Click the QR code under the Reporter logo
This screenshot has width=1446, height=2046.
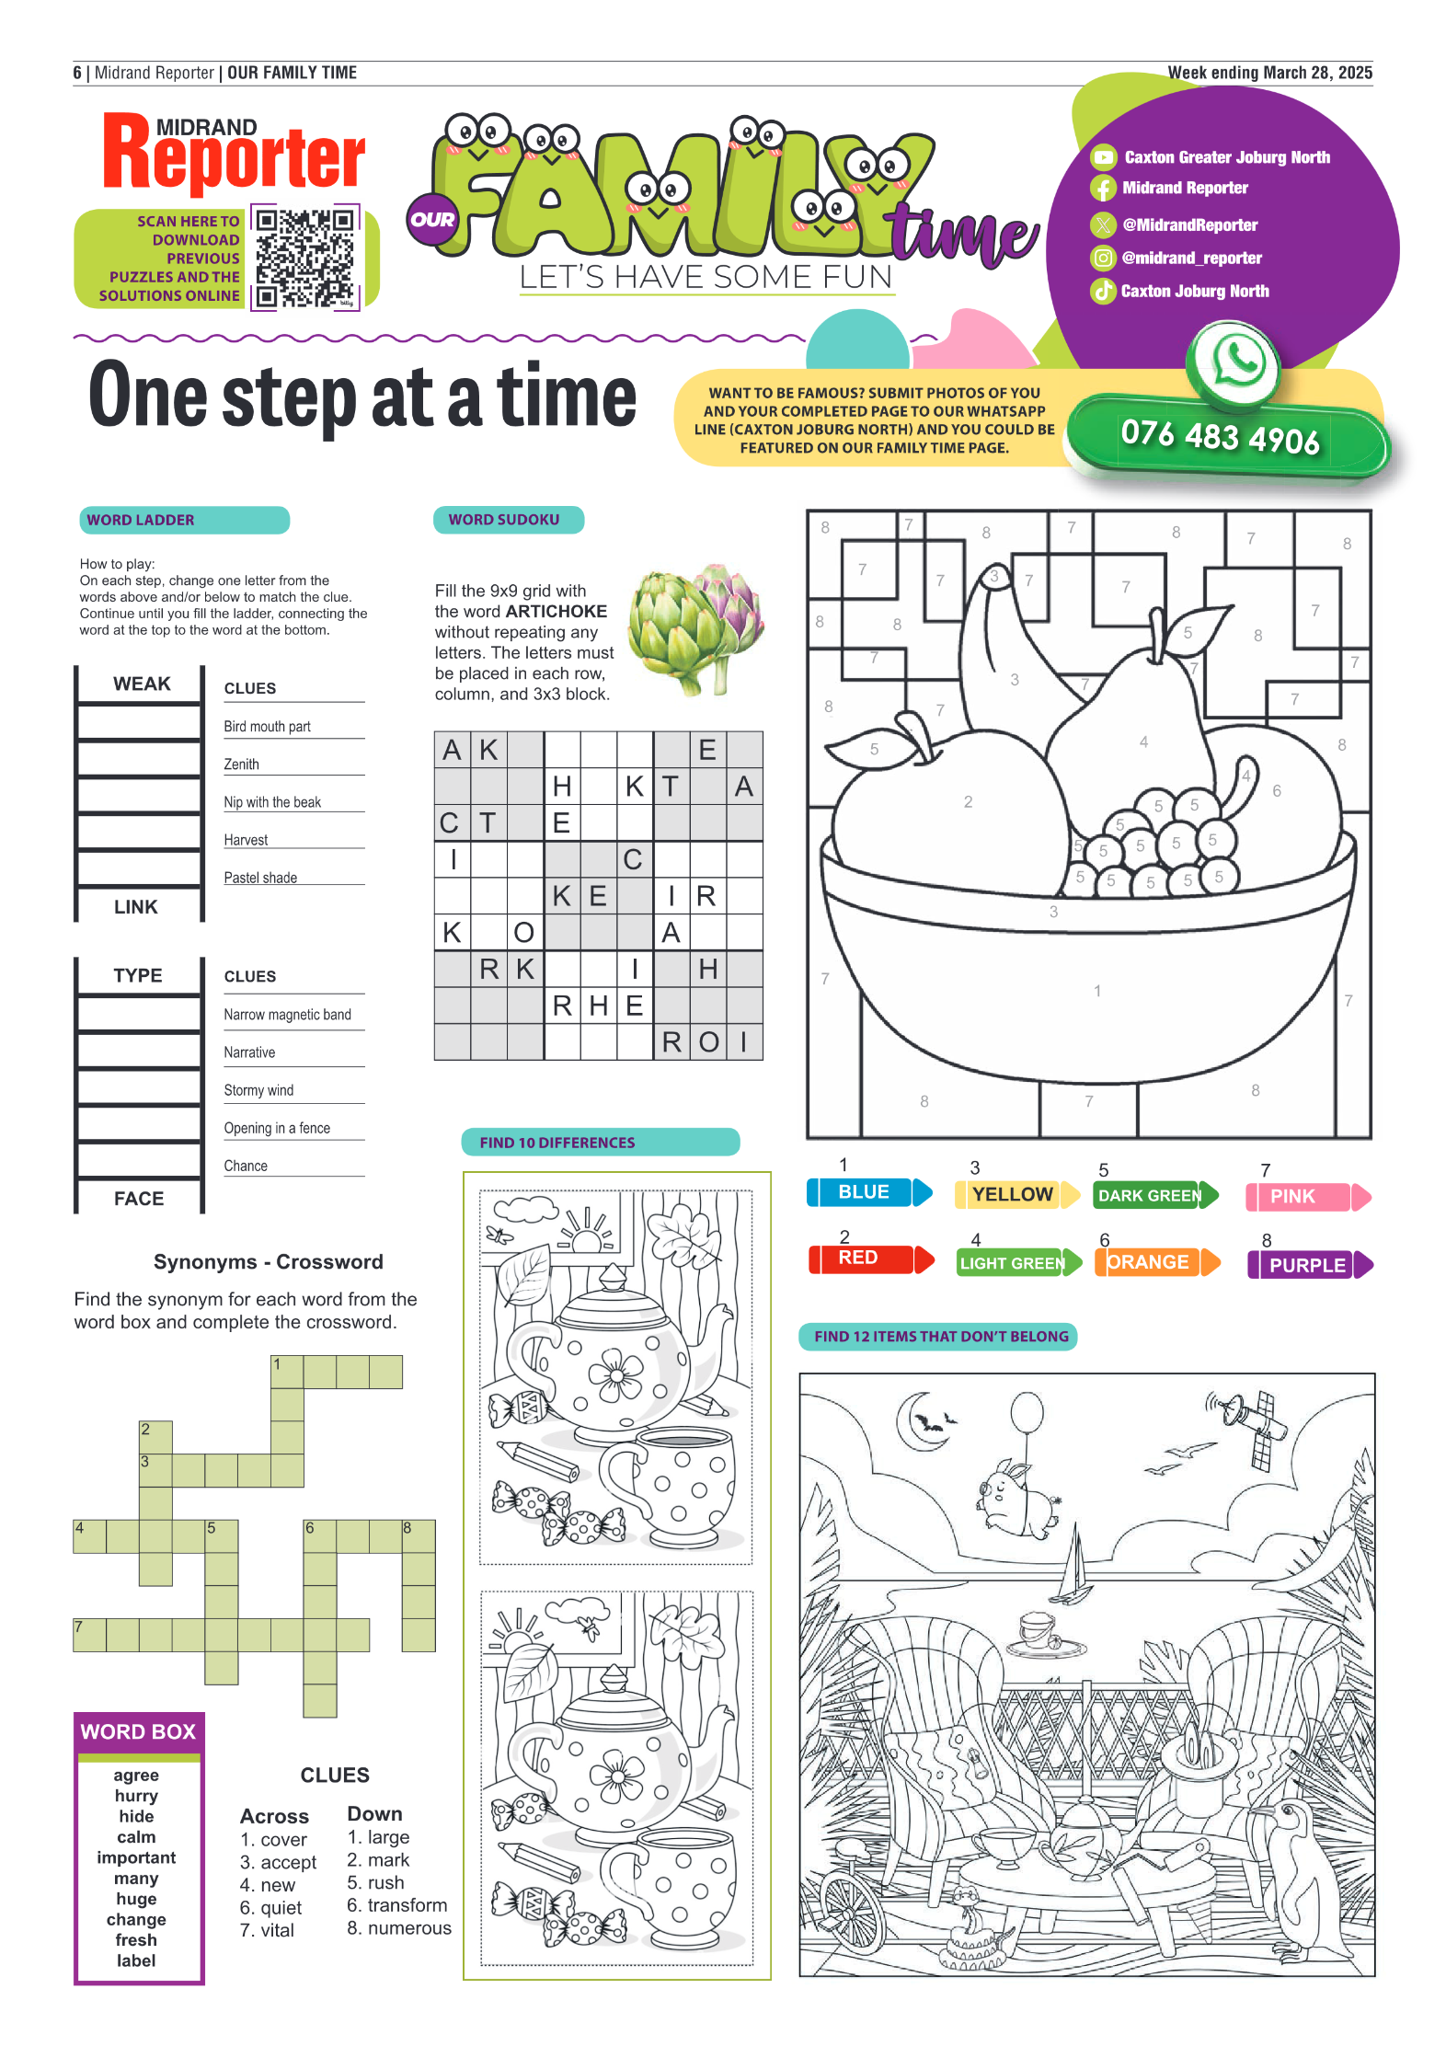(x=304, y=258)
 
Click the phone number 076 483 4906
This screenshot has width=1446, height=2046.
(x=1220, y=436)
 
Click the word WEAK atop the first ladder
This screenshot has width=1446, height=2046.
(x=142, y=684)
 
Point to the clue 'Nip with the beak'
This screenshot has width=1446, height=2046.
(x=272, y=802)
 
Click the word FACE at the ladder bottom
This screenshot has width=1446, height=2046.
(x=139, y=1199)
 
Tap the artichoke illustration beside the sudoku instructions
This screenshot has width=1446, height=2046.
(x=696, y=627)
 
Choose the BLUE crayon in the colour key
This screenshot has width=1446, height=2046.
(x=869, y=1192)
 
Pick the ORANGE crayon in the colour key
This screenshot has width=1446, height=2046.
(x=1157, y=1262)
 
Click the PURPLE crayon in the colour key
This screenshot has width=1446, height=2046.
(x=1310, y=1265)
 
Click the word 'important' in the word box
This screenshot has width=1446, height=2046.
(x=136, y=1857)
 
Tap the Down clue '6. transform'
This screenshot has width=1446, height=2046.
(x=397, y=1905)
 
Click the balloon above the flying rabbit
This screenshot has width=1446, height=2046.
(x=1027, y=1412)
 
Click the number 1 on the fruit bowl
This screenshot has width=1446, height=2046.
(x=1097, y=991)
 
